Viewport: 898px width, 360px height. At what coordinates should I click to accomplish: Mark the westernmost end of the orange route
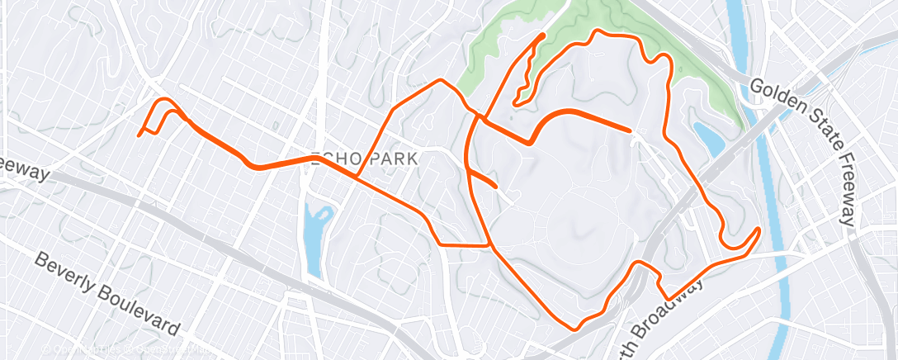[139, 135]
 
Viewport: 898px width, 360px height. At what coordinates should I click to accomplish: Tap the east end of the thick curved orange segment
[631, 130]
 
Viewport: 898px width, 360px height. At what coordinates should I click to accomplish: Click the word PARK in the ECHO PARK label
[395, 158]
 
